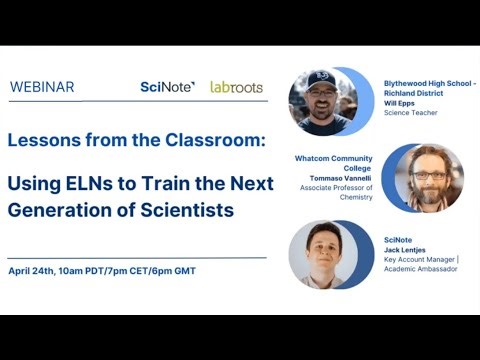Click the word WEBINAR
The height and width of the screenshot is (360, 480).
click(x=42, y=87)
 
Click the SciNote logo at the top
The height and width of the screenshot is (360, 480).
click(x=167, y=87)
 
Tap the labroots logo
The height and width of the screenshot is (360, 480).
click(x=236, y=87)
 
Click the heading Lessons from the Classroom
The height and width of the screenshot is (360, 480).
click(x=137, y=140)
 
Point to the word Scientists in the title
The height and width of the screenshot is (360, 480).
click(x=187, y=210)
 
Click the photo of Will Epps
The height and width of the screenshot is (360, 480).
click(x=322, y=101)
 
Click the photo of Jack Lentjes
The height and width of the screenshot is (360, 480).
click(x=323, y=254)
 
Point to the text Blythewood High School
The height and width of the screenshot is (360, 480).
click(x=427, y=83)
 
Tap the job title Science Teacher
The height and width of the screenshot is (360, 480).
click(x=411, y=113)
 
